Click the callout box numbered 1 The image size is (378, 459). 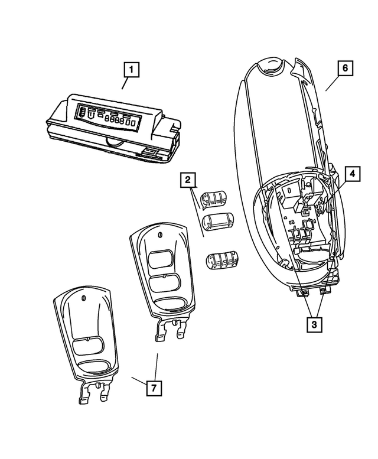131,71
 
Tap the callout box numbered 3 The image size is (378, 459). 314,324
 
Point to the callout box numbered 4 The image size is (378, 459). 351,174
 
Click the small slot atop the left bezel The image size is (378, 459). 84,298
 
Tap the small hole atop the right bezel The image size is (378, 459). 161,235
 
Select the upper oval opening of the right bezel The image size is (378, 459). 161,259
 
